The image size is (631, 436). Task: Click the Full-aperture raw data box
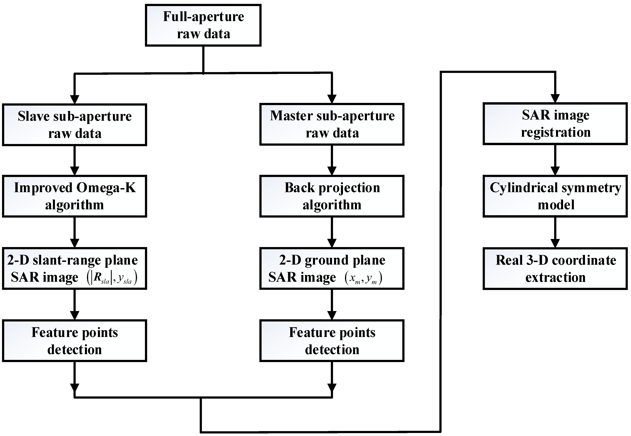click(203, 25)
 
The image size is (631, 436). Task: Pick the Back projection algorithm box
click(332, 196)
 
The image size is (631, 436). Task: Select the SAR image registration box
click(555, 123)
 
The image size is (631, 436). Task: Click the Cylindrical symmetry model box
click(555, 196)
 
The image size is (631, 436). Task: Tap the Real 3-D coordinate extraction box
click(555, 269)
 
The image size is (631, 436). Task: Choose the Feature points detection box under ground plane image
click(332, 341)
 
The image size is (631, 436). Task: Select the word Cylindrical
click(523, 188)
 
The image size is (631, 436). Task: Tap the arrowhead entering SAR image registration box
click(555, 98)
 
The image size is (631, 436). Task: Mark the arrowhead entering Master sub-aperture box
click(332, 99)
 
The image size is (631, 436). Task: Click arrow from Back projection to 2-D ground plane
click(332, 232)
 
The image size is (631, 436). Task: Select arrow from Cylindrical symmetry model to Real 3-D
click(555, 232)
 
